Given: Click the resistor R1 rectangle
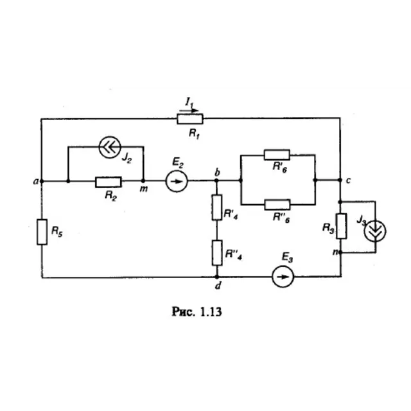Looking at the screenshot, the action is point(190,119).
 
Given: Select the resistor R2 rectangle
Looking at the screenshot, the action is point(109,182).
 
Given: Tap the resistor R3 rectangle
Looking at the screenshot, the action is point(341,226).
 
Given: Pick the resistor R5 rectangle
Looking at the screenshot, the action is point(42,232).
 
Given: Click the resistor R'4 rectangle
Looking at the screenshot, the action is point(217,207).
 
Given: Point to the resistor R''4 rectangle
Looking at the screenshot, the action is point(217,252).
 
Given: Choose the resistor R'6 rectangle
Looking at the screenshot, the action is point(277,155).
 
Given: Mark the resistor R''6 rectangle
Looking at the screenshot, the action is point(277,205).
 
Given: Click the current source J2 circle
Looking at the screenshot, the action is point(110,147).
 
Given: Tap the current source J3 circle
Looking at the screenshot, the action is point(375,231).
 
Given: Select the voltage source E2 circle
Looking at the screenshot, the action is point(177,181).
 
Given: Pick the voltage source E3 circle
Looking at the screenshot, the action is point(283,277).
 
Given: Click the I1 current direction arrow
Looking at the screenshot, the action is point(189,111).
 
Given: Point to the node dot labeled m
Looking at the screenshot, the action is point(143,181).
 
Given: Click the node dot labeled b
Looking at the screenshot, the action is point(216,180).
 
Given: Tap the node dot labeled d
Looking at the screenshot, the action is point(217,277).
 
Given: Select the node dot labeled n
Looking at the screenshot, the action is point(340,252).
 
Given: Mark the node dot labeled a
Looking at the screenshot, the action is point(42,181).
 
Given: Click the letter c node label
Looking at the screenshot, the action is point(348,180).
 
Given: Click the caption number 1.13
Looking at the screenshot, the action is point(211,312).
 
